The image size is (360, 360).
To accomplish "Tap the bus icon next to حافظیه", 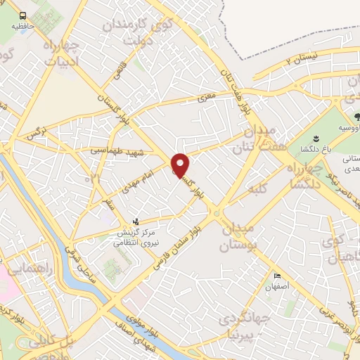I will point(23,15).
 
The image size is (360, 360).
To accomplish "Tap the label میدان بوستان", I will point(241,238).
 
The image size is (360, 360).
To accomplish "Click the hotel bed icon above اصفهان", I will point(277,276).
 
